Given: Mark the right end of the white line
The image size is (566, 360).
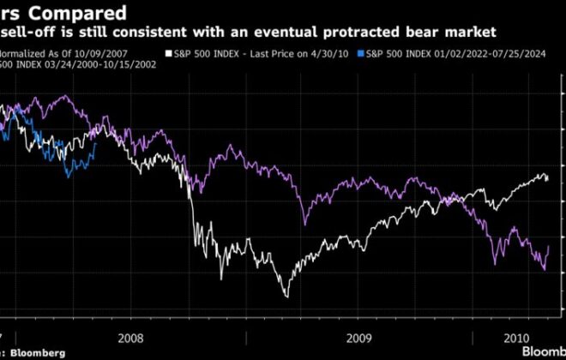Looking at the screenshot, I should pyautogui.click(x=549, y=179).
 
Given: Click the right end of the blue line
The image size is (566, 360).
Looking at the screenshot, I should pyautogui.click(x=96, y=143).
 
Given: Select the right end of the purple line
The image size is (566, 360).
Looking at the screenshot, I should pyautogui.click(x=549, y=246).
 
